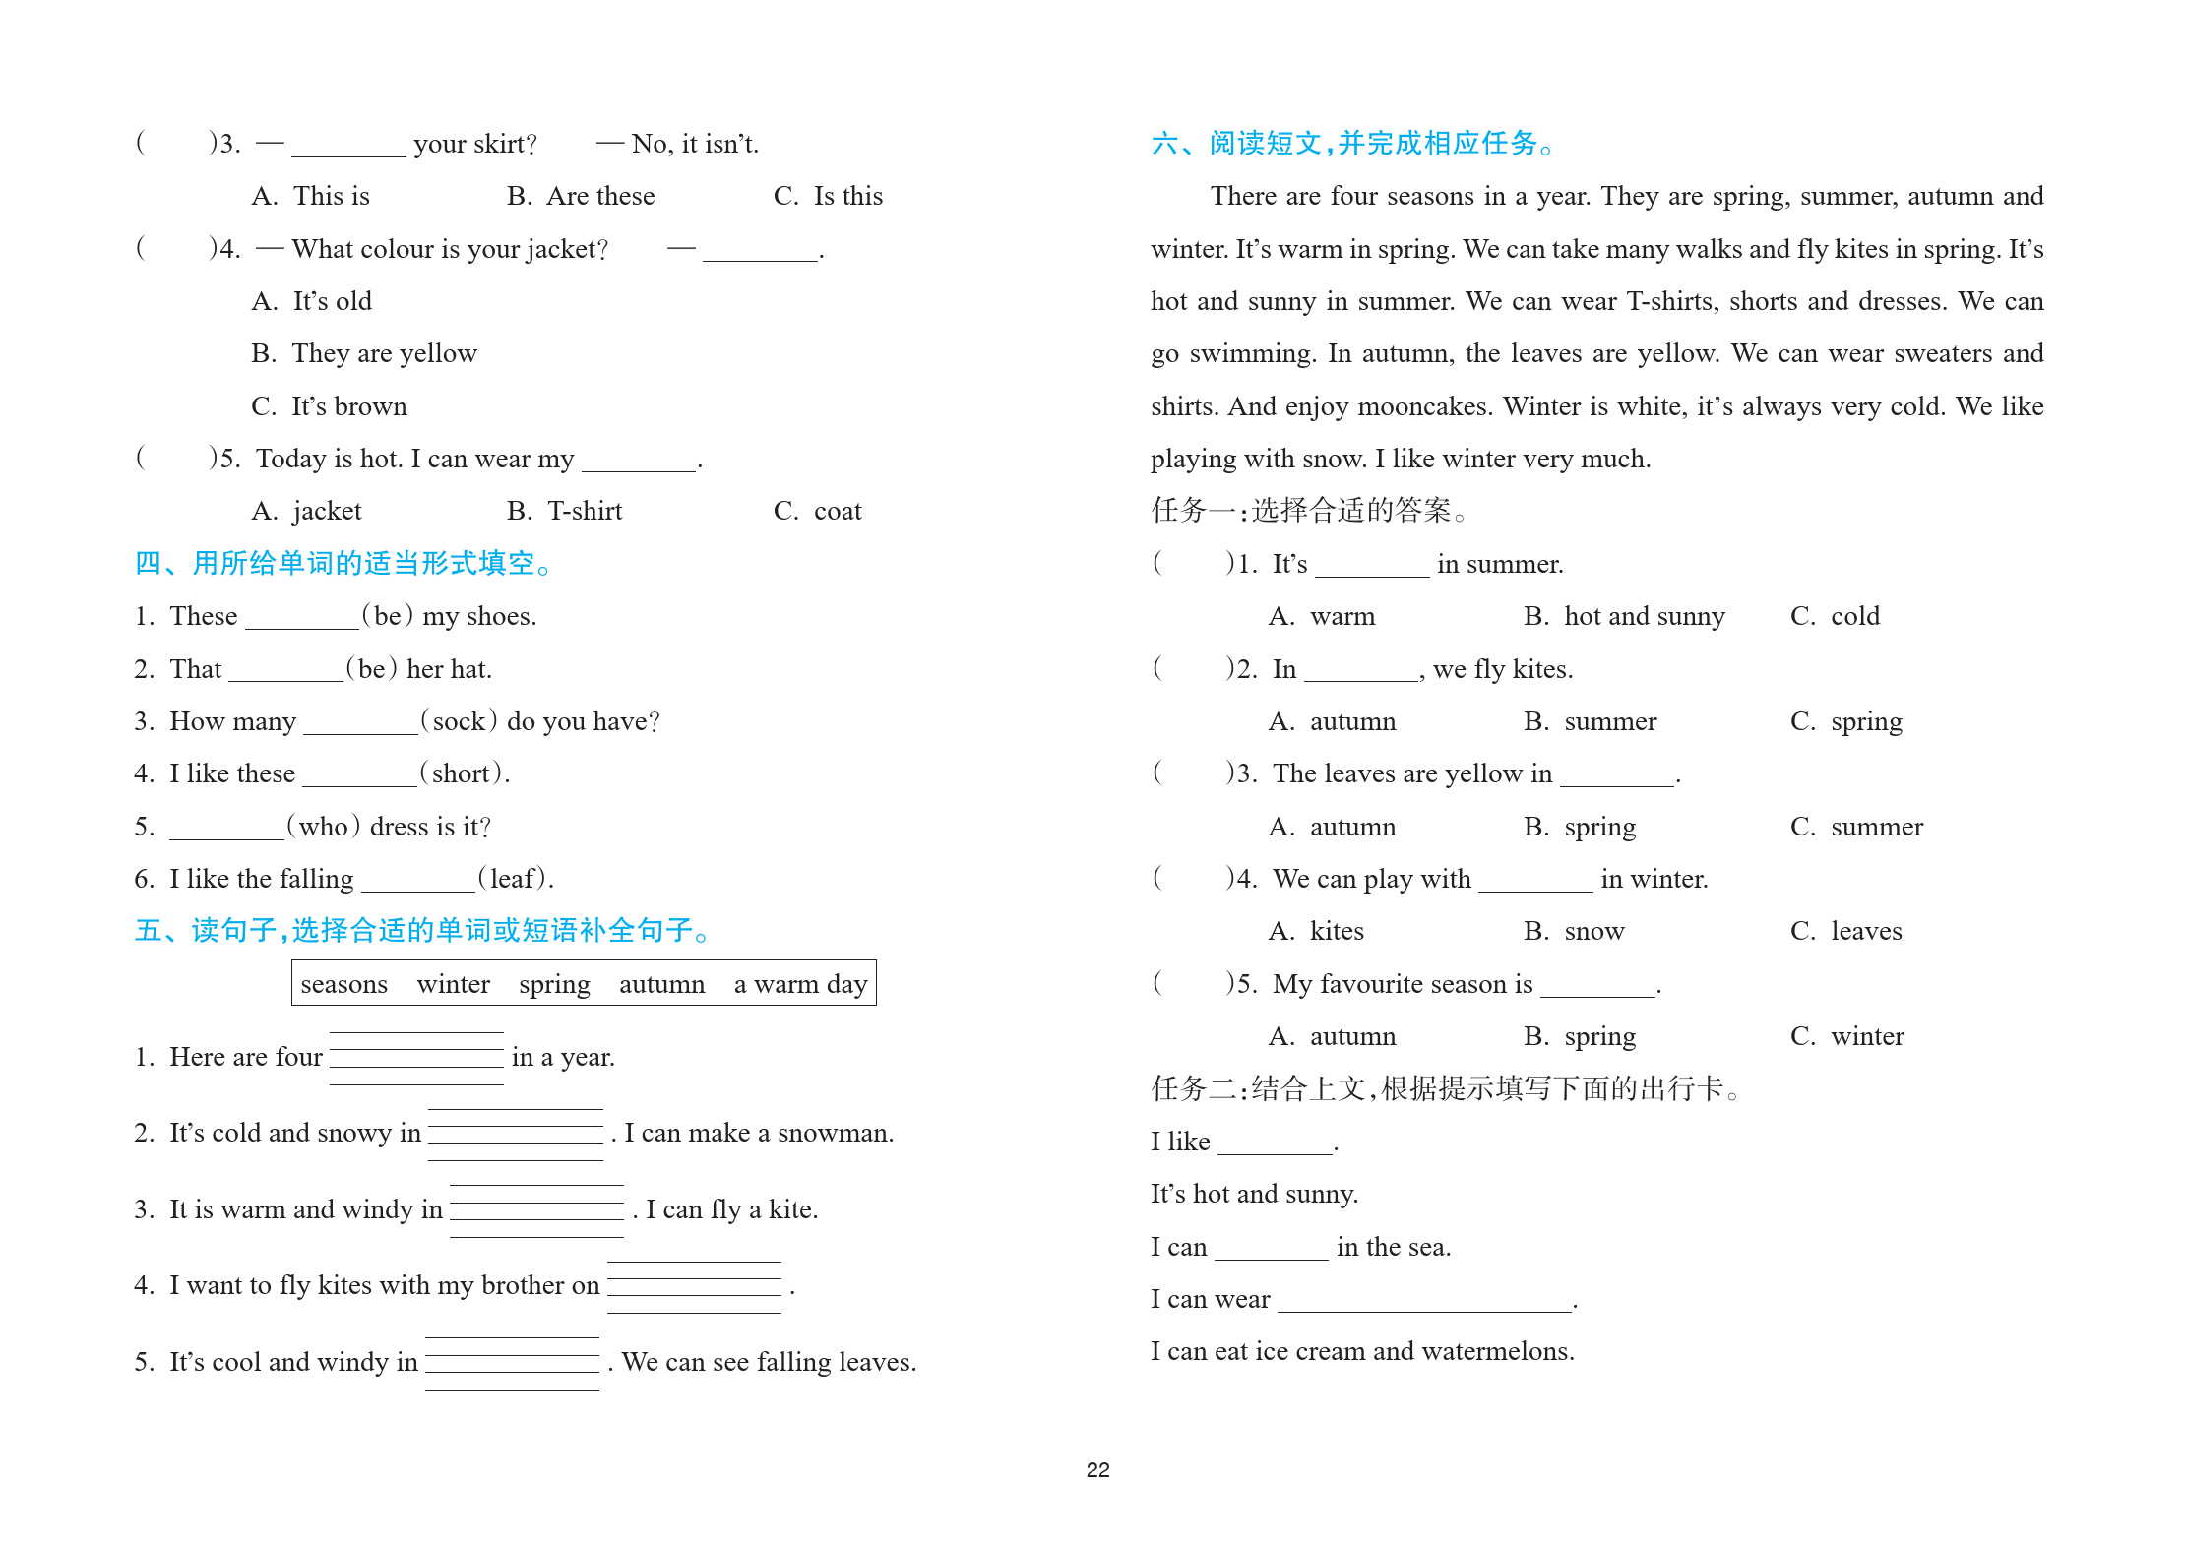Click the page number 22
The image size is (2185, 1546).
point(1097,1470)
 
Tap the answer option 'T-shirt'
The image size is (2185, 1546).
point(585,511)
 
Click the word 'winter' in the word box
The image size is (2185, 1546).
point(453,984)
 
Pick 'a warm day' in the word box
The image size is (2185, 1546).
point(800,984)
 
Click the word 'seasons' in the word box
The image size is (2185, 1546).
point(343,984)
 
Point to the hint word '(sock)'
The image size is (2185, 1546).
point(459,721)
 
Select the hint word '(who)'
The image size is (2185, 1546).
point(324,827)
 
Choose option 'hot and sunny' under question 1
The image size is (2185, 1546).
point(1644,617)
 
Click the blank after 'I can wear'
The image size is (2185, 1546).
point(1424,1301)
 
